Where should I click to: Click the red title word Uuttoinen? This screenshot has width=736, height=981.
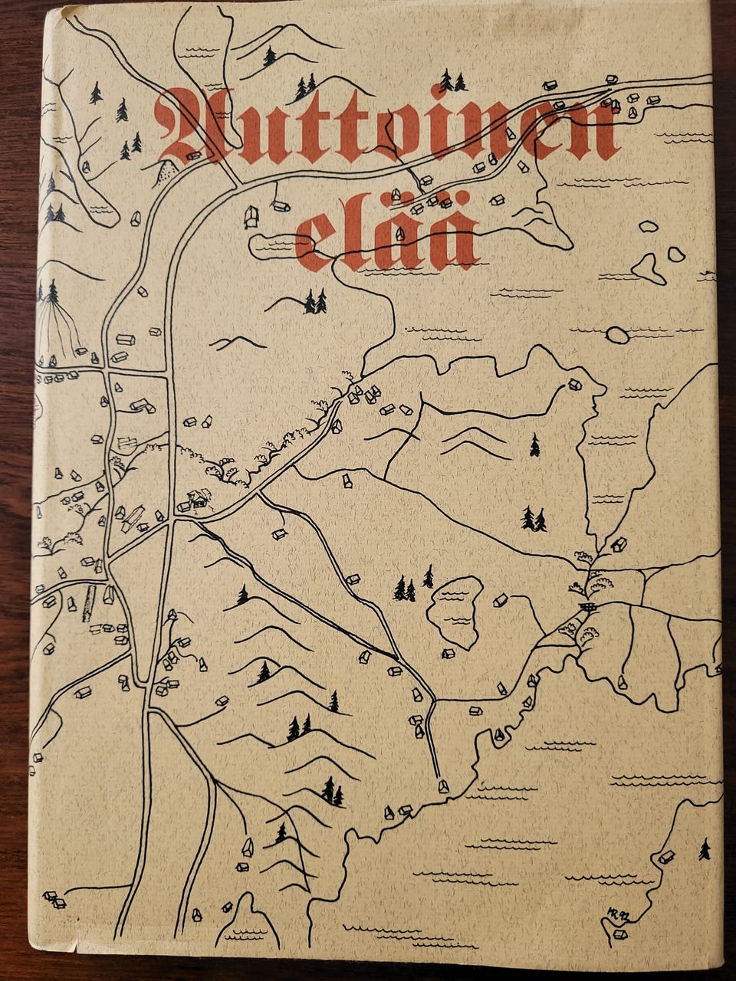click(x=387, y=126)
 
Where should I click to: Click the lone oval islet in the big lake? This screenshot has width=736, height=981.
click(x=616, y=335)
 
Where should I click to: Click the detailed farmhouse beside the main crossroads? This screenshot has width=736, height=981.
click(x=197, y=500)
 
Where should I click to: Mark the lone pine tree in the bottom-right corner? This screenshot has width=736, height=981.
click(x=704, y=848)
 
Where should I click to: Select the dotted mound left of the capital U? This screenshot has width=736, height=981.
click(x=166, y=176)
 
